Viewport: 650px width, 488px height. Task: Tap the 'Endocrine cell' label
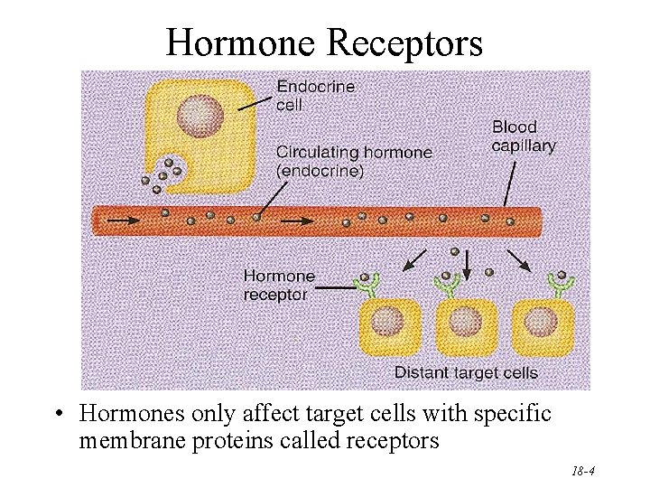point(315,96)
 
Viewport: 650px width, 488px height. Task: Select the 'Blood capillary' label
point(524,136)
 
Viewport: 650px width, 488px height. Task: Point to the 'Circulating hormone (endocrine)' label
point(353,161)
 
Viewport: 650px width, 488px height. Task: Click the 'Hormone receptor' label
point(279,285)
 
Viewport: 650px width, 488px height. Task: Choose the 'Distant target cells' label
point(466,372)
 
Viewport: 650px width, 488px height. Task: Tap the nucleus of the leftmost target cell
point(389,321)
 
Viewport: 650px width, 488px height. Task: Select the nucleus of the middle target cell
point(465,321)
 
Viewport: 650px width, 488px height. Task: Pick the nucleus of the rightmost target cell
point(542,321)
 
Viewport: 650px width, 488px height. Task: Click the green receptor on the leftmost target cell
point(368,285)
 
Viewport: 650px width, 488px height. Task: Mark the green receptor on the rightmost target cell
point(562,283)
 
